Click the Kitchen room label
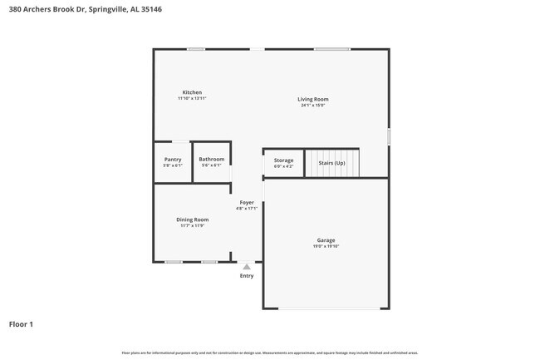tap(192, 92)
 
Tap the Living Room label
tap(313, 100)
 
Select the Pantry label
tap(173, 159)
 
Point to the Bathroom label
tap(211, 159)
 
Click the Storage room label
tap(283, 160)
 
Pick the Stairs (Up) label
tap(331, 163)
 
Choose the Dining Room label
tap(192, 219)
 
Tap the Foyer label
tap(247, 202)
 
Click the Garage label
tap(326, 240)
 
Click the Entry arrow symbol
tap(247, 267)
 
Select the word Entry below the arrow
tap(247, 276)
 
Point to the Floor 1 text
tap(21, 323)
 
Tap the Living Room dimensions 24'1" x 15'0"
tap(313, 106)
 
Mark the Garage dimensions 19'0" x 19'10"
tap(326, 246)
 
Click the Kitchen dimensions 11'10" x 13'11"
tap(192, 98)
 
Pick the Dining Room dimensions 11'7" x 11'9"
tap(192, 225)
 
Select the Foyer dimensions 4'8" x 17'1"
tap(247, 208)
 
